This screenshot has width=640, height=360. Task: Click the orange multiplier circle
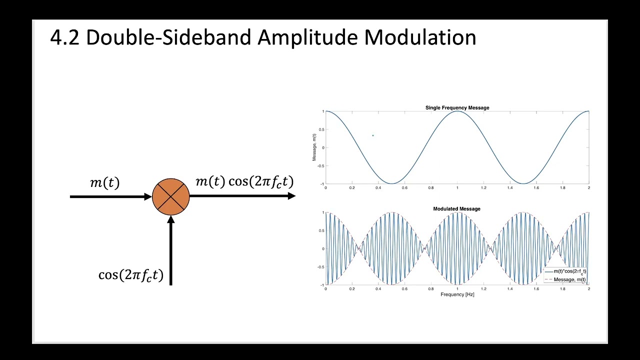(x=171, y=196)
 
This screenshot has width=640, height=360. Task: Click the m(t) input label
(x=105, y=182)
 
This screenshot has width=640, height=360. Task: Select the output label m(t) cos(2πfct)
(x=244, y=181)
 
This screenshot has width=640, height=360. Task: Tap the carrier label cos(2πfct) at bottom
(x=131, y=275)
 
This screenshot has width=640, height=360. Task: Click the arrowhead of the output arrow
(x=291, y=196)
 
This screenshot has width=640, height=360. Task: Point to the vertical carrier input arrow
(x=171, y=250)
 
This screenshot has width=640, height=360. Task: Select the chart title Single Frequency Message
(x=457, y=107)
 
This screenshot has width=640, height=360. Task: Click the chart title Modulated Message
(x=456, y=208)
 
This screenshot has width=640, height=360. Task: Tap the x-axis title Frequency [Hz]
(x=457, y=294)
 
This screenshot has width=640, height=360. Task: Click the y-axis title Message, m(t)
(x=314, y=147)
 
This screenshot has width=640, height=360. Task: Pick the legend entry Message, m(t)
(x=569, y=279)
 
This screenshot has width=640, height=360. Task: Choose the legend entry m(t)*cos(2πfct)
(x=569, y=271)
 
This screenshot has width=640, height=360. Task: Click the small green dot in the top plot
(x=372, y=135)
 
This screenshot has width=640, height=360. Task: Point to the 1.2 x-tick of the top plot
(x=483, y=188)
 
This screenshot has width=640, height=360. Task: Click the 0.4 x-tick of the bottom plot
(x=378, y=289)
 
